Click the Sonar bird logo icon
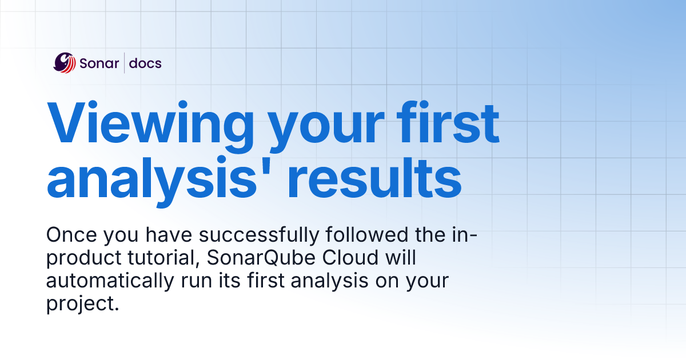65,63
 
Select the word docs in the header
145,63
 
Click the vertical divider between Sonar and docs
124,63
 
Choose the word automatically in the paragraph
105,282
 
